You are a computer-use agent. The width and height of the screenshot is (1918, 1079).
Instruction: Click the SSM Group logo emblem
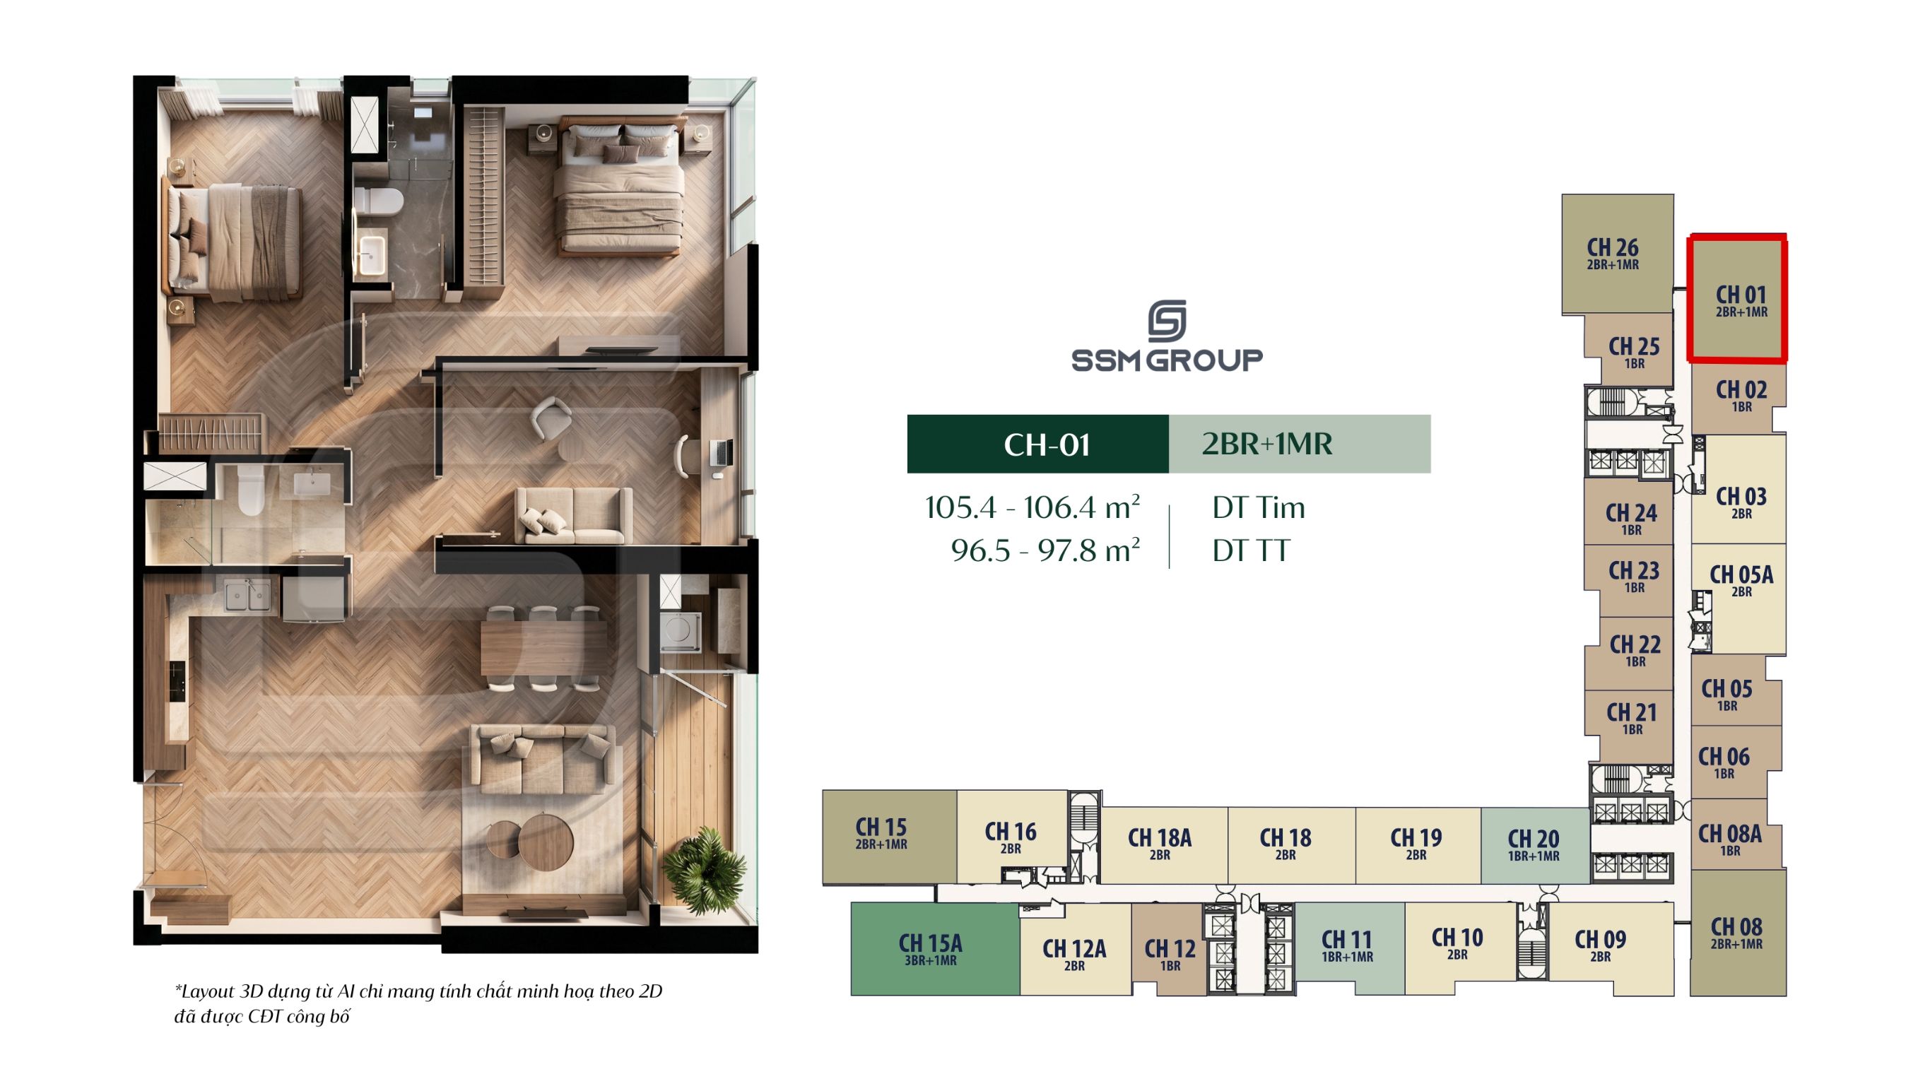point(1167,320)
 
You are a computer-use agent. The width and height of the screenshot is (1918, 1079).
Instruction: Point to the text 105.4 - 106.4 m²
point(1032,508)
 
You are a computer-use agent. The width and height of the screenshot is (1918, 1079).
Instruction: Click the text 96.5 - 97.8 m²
point(1045,550)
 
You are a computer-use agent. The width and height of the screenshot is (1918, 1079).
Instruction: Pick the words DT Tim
point(1259,508)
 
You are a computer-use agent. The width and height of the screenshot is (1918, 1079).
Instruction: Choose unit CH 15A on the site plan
point(934,949)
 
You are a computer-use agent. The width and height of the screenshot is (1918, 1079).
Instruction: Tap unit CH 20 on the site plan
point(1534,845)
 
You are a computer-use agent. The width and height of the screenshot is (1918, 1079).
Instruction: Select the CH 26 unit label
point(1613,253)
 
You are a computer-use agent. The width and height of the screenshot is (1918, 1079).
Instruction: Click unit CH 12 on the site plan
point(1169,951)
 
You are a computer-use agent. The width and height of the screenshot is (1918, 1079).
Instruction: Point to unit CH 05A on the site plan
point(1738,599)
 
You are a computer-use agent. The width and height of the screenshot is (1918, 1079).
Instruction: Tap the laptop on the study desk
point(722,452)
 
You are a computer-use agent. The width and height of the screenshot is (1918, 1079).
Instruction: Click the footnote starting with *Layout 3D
point(418,1003)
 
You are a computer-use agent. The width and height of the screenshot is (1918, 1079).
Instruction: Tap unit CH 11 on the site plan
point(1349,945)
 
